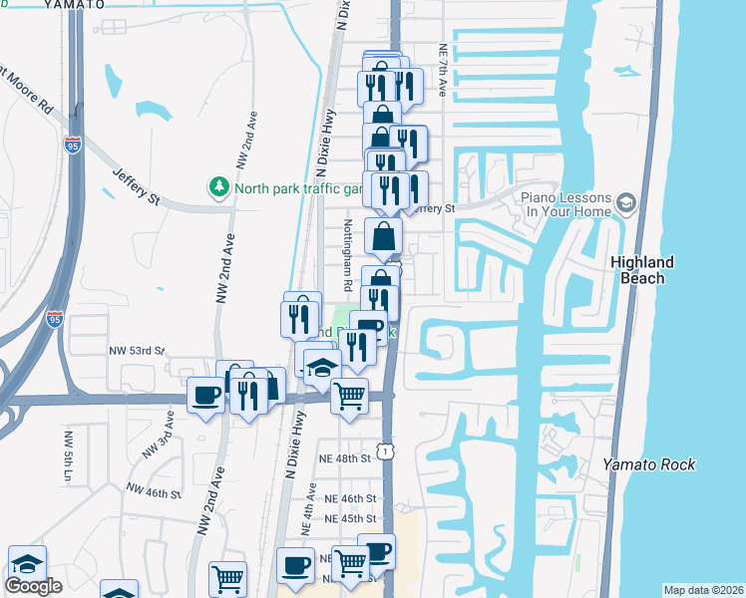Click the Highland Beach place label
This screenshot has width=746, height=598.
(641, 270)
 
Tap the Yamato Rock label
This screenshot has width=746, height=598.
(648, 464)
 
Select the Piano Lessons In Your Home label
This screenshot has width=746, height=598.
(565, 204)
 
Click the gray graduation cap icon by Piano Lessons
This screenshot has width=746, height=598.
(626, 204)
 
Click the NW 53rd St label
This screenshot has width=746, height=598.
(136, 351)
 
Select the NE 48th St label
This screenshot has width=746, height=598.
(346, 457)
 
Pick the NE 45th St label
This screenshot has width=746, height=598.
(350, 518)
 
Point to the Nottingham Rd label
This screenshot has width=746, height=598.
(348, 255)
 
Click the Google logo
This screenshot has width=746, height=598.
(33, 586)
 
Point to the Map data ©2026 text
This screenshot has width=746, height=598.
(703, 590)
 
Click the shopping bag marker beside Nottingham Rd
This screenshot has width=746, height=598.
(384, 238)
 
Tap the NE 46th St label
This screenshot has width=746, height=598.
(350, 498)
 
